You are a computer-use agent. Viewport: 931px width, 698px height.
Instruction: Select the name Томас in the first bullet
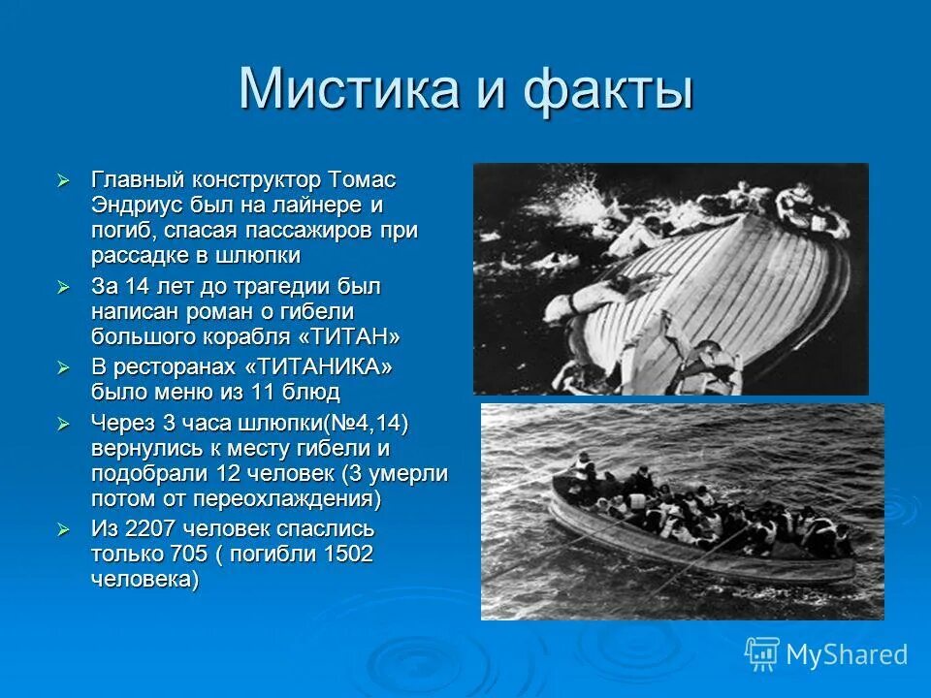362,180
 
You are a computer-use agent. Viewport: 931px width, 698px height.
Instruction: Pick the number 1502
343,555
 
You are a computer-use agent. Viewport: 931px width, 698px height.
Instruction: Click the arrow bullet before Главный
64,181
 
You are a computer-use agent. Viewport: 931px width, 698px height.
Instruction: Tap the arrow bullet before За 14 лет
64,288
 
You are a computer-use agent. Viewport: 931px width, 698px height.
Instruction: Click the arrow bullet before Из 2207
64,530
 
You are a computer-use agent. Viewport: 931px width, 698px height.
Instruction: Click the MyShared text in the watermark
846,655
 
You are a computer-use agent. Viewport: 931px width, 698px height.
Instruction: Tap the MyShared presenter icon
762,653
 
